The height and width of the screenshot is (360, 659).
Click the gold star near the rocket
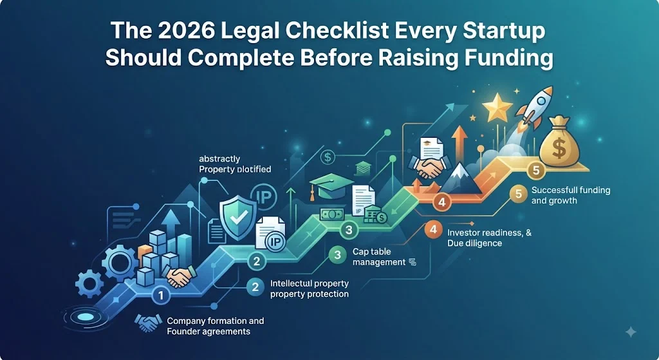[x=497, y=106]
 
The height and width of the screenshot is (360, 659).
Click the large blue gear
[x=119, y=263]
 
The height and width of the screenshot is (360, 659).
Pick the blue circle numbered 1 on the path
[x=160, y=295]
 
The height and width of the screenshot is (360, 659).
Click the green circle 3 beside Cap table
[x=337, y=255]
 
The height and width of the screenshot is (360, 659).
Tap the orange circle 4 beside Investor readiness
[x=433, y=230]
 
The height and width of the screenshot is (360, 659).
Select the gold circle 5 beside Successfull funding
[x=518, y=194]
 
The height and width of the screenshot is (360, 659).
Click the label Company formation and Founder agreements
[x=215, y=326]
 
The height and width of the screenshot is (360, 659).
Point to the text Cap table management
[x=378, y=257]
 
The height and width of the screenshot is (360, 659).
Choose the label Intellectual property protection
[x=310, y=289]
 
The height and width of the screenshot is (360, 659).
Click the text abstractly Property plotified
[x=235, y=164]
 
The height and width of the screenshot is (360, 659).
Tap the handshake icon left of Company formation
[x=148, y=323]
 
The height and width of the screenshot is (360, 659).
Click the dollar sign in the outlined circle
[x=328, y=158]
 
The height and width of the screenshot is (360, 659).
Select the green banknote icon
[x=332, y=214]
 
